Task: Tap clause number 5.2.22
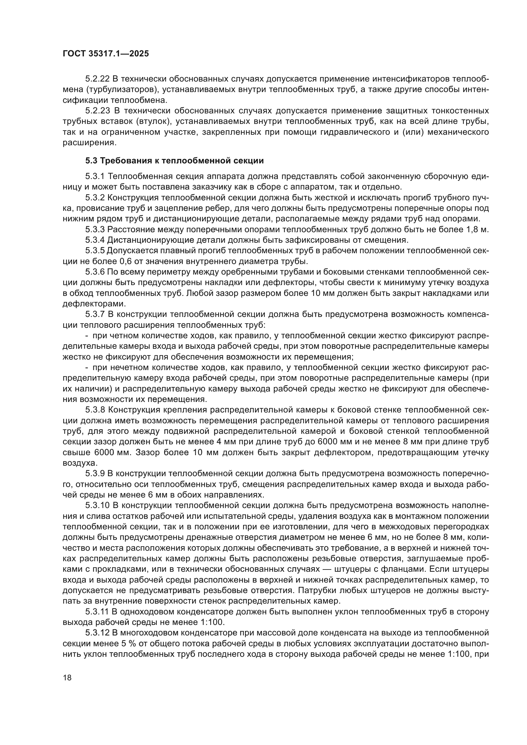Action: [x=98, y=79]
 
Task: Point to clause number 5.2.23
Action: [x=98, y=111]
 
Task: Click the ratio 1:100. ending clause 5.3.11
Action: [x=211, y=622]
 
